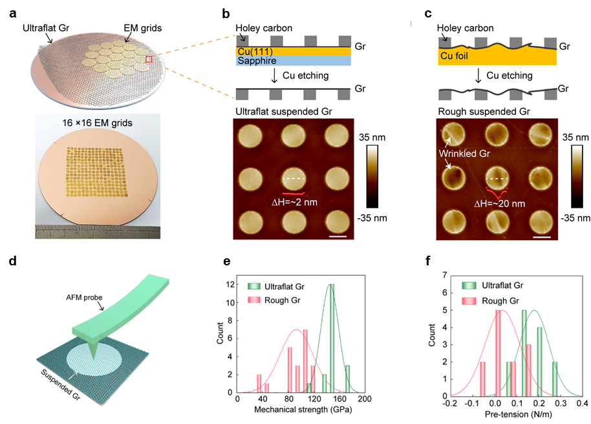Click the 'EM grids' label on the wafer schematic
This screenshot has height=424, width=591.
142,28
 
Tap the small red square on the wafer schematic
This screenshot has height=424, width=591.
149,60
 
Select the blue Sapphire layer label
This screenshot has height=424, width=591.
259,60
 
